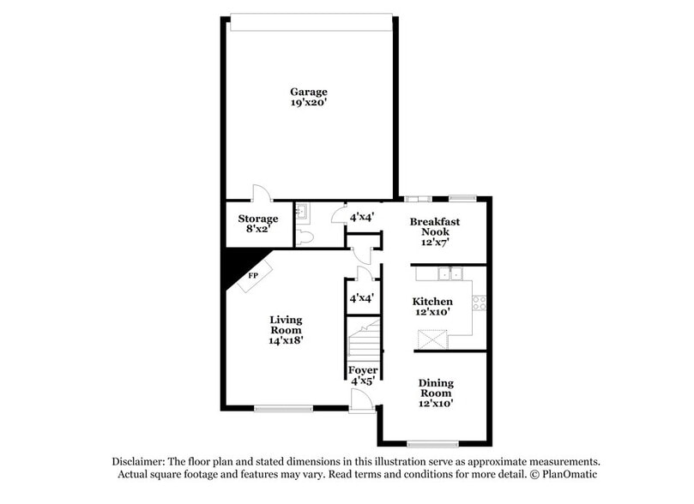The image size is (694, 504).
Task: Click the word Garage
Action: click(x=308, y=92)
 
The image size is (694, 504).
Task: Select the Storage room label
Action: click(x=257, y=219)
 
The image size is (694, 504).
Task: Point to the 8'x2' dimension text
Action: click(x=257, y=230)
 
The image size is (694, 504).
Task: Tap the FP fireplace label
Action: click(x=253, y=275)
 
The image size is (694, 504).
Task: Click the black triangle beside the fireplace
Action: click(x=233, y=264)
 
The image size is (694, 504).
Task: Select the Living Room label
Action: click(x=286, y=325)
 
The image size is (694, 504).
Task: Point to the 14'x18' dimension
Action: click(x=286, y=340)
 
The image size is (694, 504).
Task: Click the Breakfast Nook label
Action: click(x=434, y=226)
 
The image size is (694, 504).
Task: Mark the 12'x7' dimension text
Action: click(x=434, y=243)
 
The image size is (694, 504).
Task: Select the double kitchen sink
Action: click(x=449, y=274)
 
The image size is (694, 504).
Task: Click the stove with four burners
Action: click(x=480, y=302)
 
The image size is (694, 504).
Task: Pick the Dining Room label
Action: click(x=436, y=387)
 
